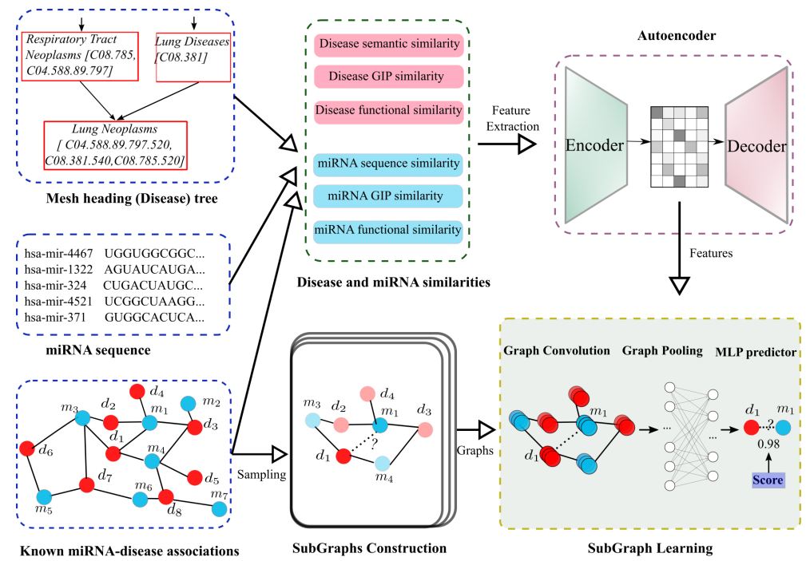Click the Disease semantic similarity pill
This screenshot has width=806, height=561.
[389, 45]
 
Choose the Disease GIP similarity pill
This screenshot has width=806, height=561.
[389, 77]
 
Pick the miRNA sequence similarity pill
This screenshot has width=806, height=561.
[389, 164]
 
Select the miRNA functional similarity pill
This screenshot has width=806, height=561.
[389, 231]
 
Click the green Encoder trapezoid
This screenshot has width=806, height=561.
[594, 145]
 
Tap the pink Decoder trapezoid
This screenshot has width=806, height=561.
[756, 146]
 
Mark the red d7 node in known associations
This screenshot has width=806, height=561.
[87, 484]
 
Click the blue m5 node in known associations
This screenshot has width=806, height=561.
[45, 496]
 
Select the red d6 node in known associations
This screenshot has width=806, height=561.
[28, 448]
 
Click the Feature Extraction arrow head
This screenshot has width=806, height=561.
[526, 144]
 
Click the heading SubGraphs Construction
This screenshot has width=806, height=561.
[369, 548]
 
